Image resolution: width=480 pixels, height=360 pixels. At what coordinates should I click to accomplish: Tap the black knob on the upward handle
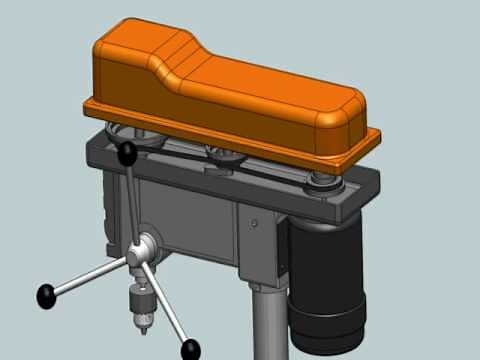click(128, 153)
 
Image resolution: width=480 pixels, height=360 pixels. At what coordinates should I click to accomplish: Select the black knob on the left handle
click(46, 296)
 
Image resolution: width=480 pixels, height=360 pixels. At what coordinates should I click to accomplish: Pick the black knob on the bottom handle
click(190, 349)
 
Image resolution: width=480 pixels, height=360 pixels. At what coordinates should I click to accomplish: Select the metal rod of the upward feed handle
click(134, 200)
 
